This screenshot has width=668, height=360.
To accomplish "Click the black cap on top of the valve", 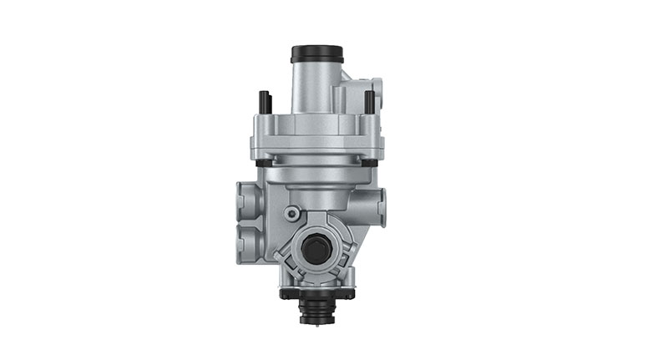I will pyautogui.click(x=317, y=53).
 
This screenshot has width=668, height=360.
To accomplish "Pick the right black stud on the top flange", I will pyautogui.click(x=369, y=102).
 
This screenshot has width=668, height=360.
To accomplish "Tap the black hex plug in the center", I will pyautogui.click(x=317, y=249).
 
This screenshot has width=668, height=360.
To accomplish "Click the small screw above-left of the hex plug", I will pyautogui.click(x=291, y=214).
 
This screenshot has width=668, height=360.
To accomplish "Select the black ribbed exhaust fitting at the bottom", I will pyautogui.click(x=316, y=311).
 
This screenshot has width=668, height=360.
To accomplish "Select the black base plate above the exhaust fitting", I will pyautogui.click(x=316, y=294).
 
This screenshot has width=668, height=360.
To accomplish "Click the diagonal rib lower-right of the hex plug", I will pyautogui.click(x=342, y=272).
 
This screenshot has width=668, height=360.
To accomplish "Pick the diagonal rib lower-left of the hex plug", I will pyautogui.click(x=292, y=272).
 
